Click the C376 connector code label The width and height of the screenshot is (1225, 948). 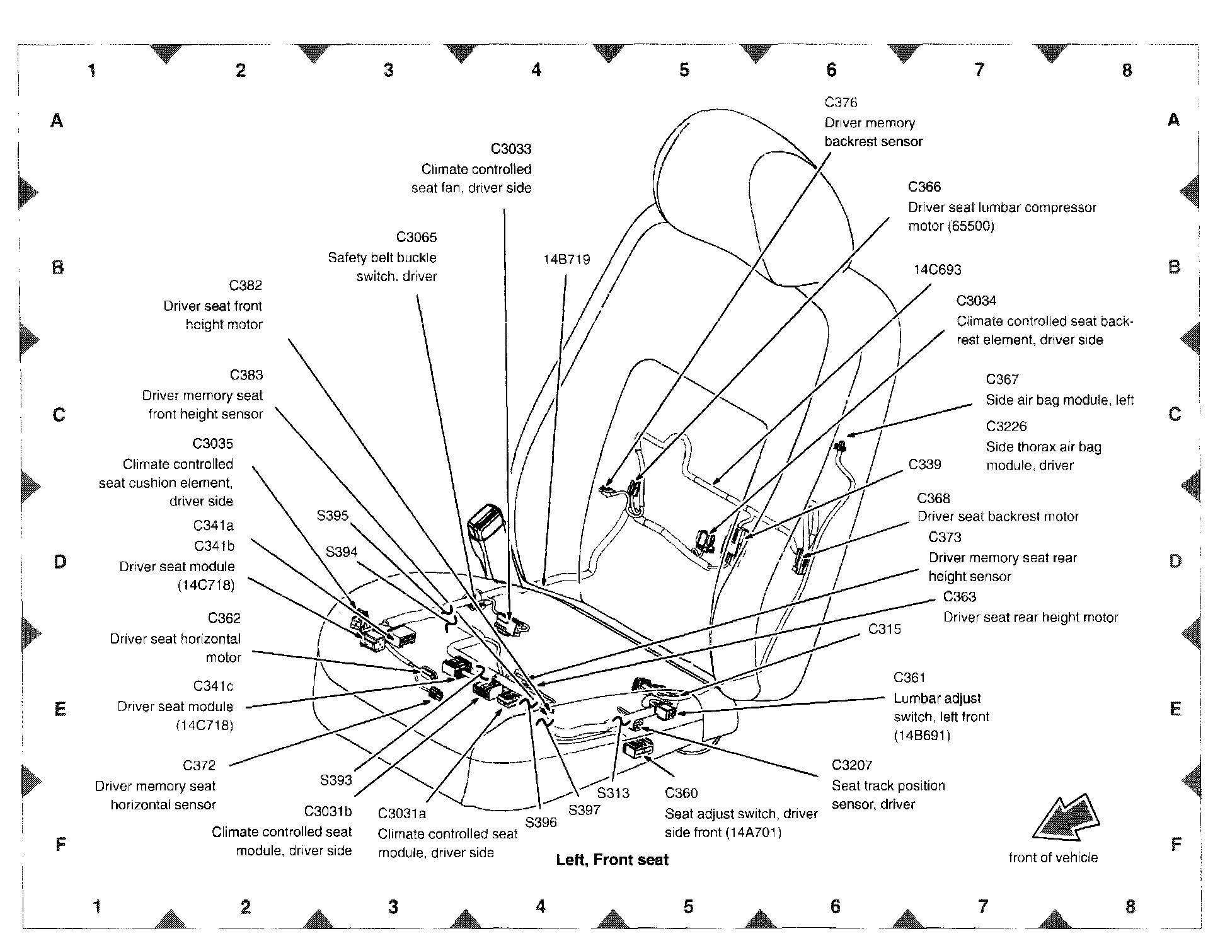pos(841,102)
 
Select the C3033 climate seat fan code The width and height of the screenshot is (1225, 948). pos(511,149)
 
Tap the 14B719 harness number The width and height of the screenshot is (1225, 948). pos(566,260)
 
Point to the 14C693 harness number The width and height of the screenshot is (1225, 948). pos(937,270)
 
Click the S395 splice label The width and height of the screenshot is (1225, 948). pos(332,516)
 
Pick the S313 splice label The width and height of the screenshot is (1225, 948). pos(613,793)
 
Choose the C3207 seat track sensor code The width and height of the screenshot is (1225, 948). pos(852,765)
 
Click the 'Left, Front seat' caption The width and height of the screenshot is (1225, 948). pos(612,860)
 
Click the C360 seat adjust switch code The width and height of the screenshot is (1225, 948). pos(681,793)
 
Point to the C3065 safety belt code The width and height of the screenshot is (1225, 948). pos(416,237)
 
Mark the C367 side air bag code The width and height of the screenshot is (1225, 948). pos(1002,379)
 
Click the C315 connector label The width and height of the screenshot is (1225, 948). pos(884,629)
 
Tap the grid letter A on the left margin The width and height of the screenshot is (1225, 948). pos(57,120)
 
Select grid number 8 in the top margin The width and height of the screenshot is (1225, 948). pos(1127,70)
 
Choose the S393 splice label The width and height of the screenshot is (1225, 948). pos(336,780)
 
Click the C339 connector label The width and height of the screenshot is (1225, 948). pos(924,465)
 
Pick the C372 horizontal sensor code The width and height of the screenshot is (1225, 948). pos(199,765)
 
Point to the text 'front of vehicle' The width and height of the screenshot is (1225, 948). pos(1053,857)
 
